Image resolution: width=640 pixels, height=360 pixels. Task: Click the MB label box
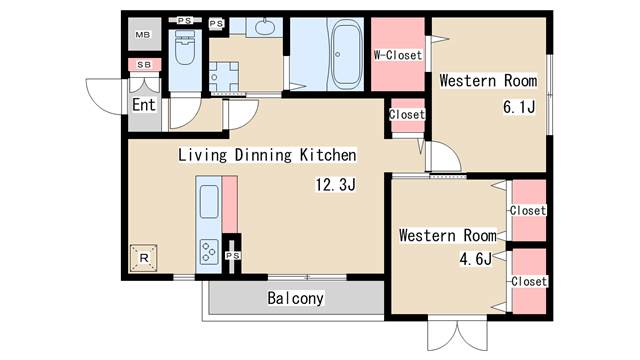(x=143, y=35)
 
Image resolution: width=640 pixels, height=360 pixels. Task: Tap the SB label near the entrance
(x=144, y=64)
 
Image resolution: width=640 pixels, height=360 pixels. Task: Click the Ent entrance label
(x=144, y=105)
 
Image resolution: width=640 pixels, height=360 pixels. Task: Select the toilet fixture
(x=185, y=48)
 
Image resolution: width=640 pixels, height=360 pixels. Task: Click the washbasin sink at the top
(x=265, y=27)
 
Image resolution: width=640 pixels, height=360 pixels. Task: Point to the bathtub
(x=346, y=54)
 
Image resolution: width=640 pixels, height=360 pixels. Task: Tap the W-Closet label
(x=398, y=55)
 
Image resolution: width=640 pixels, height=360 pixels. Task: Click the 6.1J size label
(x=519, y=107)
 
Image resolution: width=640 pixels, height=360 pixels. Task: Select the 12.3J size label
(x=336, y=184)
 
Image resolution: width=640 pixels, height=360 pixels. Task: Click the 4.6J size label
(x=476, y=259)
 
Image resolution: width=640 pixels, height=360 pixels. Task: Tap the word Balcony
(x=296, y=298)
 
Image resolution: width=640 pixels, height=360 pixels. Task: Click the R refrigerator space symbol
(x=144, y=258)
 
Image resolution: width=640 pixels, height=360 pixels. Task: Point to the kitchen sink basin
(x=209, y=201)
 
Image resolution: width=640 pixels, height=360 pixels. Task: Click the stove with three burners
(x=209, y=252)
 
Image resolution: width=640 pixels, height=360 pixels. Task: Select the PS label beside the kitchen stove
(x=233, y=256)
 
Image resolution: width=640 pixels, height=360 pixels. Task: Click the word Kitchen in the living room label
(x=328, y=155)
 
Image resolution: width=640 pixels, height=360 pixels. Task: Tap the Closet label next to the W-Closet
(x=407, y=115)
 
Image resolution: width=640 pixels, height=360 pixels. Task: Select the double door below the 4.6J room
(x=458, y=333)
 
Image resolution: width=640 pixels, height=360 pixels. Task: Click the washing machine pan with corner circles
(x=224, y=77)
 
